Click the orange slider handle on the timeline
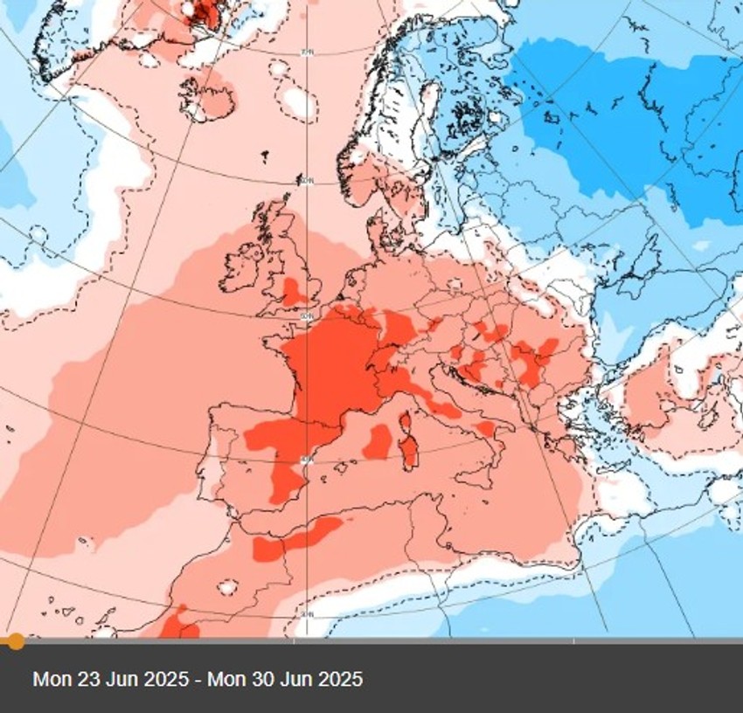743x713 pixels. pyautogui.click(x=15, y=642)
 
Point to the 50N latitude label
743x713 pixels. pyautogui.click(x=306, y=315)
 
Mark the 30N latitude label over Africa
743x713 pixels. pyautogui.click(x=306, y=614)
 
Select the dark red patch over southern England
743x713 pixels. pyautogui.click(x=295, y=290)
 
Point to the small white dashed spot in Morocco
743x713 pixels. pyautogui.click(x=229, y=586)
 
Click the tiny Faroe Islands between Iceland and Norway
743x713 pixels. pyautogui.click(x=264, y=157)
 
